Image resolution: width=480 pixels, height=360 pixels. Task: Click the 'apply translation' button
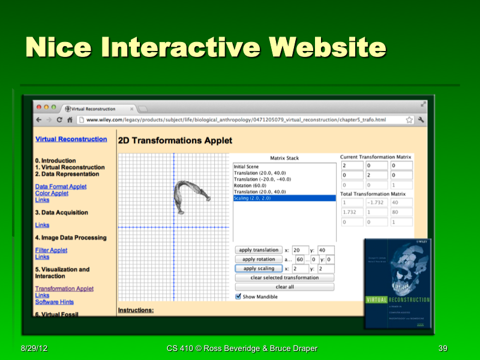(x=258, y=250)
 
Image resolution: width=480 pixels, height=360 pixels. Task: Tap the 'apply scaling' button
(x=258, y=268)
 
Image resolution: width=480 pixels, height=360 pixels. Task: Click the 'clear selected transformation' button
(x=284, y=278)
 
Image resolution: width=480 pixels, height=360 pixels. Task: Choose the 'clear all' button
(x=284, y=287)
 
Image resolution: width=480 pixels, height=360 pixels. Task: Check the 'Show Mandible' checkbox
(x=238, y=296)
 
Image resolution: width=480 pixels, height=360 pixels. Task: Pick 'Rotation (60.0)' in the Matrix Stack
(x=251, y=185)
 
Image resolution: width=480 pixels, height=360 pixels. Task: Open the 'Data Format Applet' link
(x=61, y=187)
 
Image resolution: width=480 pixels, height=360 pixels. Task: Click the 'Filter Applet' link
(x=51, y=250)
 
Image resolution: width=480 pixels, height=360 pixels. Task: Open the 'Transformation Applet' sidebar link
(x=64, y=289)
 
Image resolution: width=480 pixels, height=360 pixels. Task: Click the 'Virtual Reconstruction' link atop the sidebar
(x=71, y=139)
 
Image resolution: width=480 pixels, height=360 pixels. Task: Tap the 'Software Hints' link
(x=55, y=302)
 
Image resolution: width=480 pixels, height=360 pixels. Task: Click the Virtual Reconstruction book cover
(x=398, y=283)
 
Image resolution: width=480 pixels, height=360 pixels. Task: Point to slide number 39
(x=443, y=349)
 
